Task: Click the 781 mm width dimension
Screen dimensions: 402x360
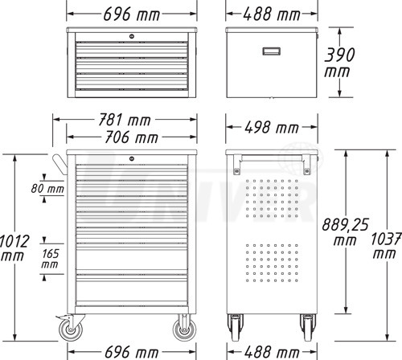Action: [x=125, y=120]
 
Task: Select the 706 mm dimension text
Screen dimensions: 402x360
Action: [x=131, y=137]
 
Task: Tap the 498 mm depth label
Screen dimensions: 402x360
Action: [x=272, y=127]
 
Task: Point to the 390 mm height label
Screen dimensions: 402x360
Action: [x=339, y=63]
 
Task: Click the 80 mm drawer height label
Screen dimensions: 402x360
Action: [x=47, y=189]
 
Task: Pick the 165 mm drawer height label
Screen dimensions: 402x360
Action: [x=50, y=259]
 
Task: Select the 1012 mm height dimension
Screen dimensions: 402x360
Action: [x=14, y=248]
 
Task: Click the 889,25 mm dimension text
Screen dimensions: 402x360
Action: [x=345, y=232]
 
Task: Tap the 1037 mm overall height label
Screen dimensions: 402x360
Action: [x=386, y=246]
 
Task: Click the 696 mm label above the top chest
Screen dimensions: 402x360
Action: [x=132, y=14]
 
